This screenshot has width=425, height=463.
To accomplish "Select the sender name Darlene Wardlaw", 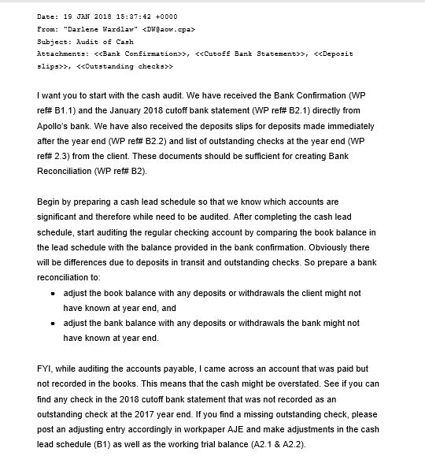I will click(96, 29).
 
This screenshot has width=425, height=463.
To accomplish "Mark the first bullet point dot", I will click(52, 293).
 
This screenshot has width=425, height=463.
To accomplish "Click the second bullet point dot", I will click(52, 324).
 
